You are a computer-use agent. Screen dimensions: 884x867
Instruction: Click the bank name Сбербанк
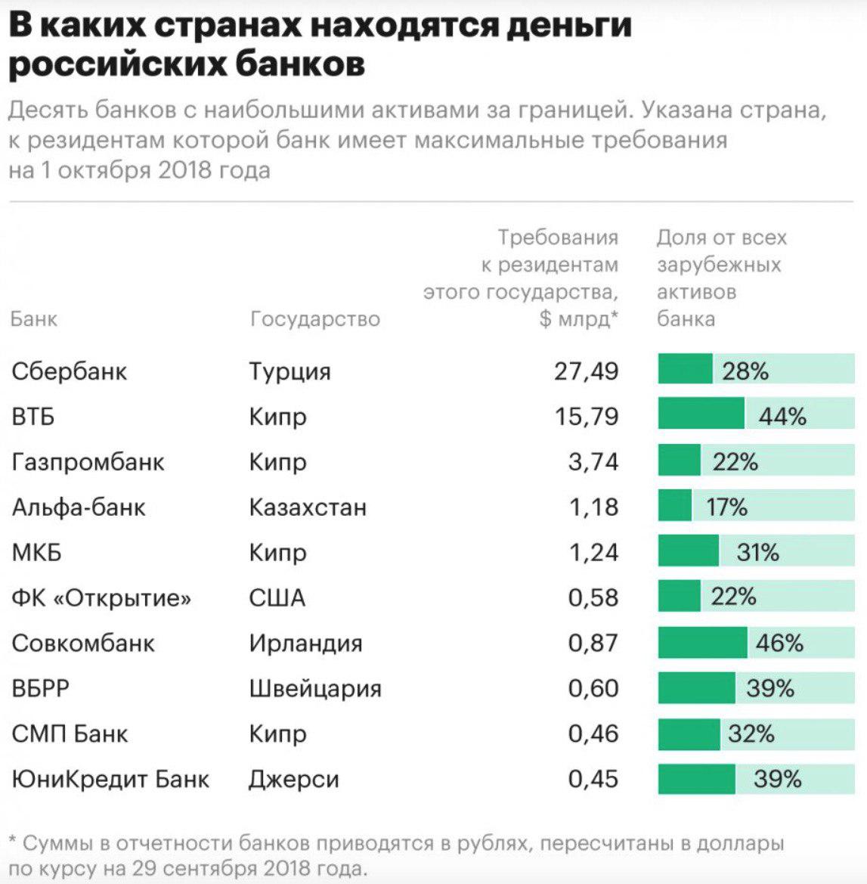coord(70,371)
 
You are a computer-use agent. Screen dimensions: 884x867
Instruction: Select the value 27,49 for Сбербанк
coord(586,371)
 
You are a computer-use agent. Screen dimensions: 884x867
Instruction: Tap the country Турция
coord(290,372)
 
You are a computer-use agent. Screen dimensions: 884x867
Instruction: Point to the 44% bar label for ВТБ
coord(782,417)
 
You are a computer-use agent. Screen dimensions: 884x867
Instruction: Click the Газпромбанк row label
coord(88,462)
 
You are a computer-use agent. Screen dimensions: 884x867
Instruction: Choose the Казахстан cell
coord(308,507)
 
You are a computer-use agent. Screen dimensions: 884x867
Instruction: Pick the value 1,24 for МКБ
coord(593,552)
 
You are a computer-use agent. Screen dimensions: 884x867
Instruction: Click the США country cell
coord(277,597)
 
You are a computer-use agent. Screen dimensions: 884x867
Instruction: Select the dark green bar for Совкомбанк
coord(702,643)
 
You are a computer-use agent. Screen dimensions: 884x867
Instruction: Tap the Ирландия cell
coord(305,644)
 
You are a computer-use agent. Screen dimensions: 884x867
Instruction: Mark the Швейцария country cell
coord(315,689)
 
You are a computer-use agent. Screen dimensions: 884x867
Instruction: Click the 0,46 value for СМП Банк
coord(593,734)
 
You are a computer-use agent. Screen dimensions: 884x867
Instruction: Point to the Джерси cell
coord(294,780)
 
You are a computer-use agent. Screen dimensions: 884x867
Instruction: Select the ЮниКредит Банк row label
coord(110,779)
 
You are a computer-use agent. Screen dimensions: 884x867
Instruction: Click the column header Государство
coord(314,319)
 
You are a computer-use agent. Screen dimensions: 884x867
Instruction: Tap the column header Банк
coord(34,319)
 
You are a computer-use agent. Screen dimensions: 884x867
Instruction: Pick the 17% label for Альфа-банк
coord(726,507)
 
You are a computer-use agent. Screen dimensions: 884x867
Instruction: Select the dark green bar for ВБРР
coord(696,688)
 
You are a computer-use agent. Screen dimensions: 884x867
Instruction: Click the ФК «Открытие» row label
coord(101,597)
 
